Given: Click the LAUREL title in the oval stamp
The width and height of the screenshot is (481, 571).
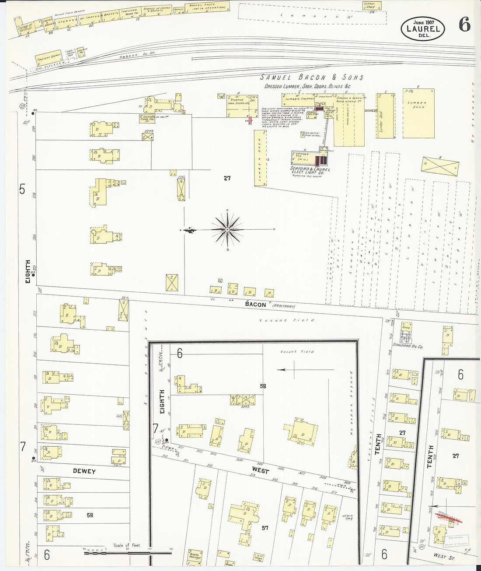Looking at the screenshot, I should click(423, 29).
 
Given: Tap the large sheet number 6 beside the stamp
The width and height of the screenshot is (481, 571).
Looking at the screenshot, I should click(464, 26).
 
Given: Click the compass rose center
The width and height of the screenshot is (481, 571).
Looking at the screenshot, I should click(227, 229).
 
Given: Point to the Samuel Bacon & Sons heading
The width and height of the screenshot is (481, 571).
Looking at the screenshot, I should click(312, 77).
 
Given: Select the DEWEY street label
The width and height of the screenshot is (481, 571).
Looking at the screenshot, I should click(84, 471).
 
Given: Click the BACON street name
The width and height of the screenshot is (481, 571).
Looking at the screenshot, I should click(255, 305).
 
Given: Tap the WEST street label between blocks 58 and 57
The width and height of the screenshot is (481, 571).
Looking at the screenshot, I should click(260, 471).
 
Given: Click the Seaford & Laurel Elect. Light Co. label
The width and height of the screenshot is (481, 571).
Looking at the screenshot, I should click(310, 171).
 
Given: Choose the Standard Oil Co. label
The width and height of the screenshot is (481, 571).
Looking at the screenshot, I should click(408, 346).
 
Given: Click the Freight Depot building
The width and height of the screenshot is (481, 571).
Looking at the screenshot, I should click(49, 57).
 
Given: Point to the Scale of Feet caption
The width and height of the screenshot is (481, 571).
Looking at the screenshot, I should click(127, 545).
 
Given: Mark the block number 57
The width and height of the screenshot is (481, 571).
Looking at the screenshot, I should click(265, 528).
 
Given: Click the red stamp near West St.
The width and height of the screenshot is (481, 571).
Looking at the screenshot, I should click(450, 521).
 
